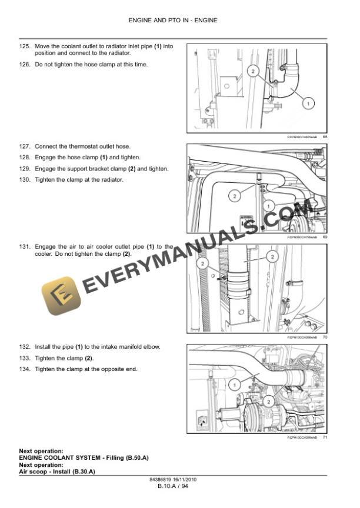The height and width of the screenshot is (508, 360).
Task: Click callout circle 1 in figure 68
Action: coord(307,103)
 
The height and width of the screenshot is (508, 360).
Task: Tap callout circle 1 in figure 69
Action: coord(267,206)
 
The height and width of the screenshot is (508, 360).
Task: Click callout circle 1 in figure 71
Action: coord(235,385)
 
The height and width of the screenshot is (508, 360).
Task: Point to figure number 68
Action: coord(325,138)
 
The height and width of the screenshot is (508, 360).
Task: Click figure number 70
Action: coord(325,337)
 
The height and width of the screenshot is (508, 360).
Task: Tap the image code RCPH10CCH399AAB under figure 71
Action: coord(302,438)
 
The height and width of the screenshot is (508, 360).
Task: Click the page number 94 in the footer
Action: coord(184,487)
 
